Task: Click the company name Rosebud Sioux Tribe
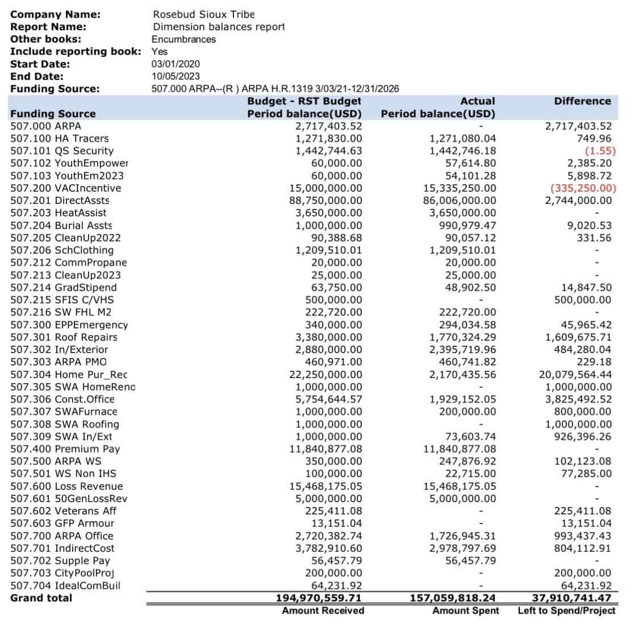(204, 14)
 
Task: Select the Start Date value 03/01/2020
(176, 64)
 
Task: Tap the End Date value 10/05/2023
(176, 76)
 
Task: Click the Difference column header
(582, 101)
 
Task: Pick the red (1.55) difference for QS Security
(600, 151)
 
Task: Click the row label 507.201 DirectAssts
(60, 200)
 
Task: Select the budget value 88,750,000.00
(325, 200)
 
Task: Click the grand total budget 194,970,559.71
(319, 598)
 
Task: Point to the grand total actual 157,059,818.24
(453, 598)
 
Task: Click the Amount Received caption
(323, 611)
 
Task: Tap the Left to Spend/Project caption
(566, 611)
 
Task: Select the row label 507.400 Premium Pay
(65, 449)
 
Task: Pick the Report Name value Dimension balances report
(219, 27)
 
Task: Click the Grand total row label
(41, 598)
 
